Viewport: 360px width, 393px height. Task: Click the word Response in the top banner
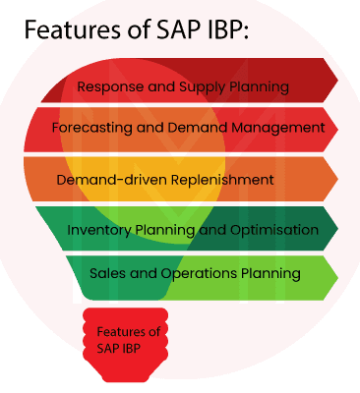pos(108,86)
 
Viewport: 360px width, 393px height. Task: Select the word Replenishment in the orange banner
pos(216,180)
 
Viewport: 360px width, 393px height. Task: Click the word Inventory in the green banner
pos(98,230)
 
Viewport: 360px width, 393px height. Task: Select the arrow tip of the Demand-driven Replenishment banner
pos(333,178)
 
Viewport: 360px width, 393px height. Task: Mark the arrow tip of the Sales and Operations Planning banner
pos(333,274)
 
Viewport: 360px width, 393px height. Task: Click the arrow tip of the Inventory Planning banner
pos(333,228)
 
